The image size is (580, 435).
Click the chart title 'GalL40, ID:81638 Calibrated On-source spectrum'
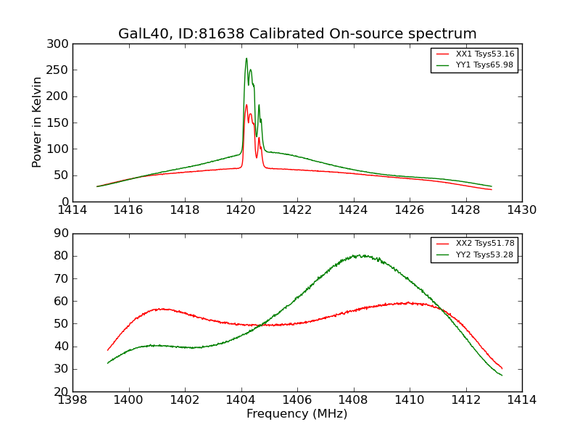point(297,34)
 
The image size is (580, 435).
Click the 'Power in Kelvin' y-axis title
point(37,123)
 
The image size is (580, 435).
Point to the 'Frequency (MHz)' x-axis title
point(297,414)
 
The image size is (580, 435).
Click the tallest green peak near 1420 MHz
point(246,59)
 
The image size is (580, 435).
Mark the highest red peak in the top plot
point(246,105)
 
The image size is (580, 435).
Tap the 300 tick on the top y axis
point(61,44)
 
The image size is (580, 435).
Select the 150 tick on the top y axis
point(61,123)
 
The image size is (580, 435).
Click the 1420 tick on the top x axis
point(241,210)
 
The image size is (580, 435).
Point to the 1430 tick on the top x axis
point(522,210)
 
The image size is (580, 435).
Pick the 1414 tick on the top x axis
point(73,210)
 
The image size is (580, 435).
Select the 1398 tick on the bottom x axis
point(73,400)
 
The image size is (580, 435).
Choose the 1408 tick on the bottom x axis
point(354,400)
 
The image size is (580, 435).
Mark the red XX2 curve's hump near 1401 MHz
point(161,309)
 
